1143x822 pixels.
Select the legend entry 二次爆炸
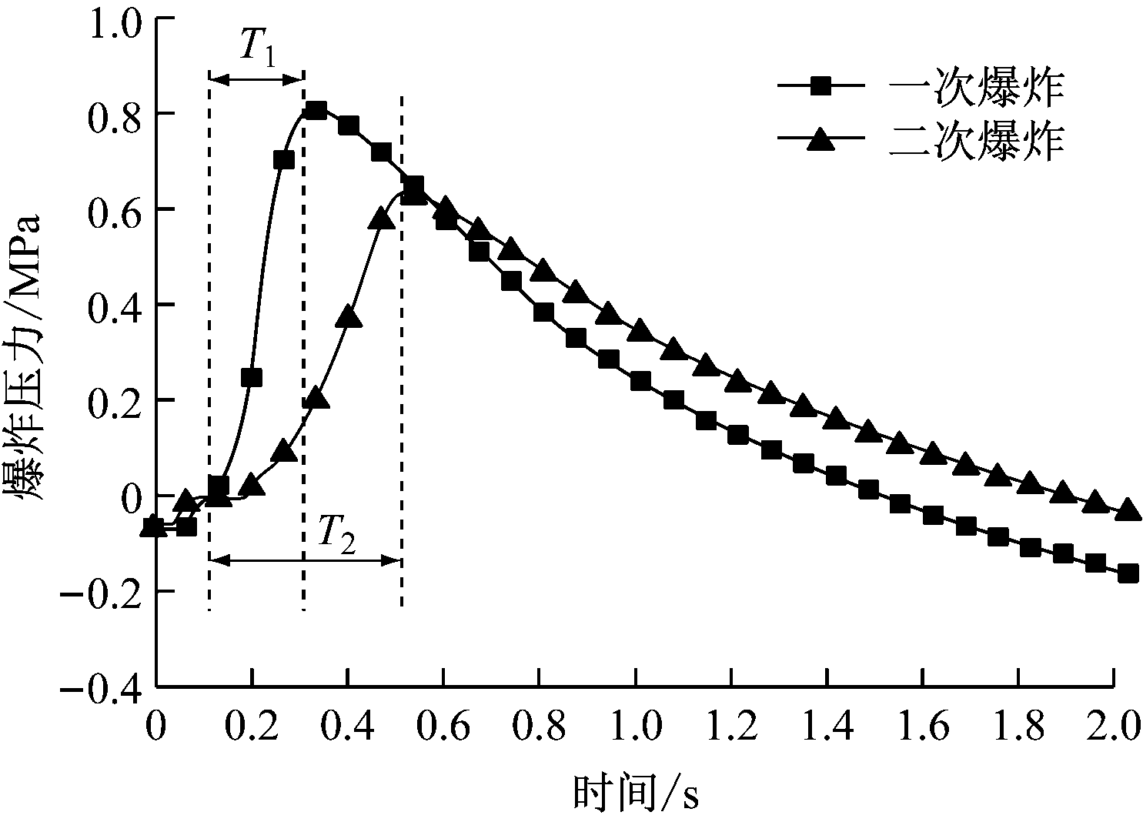(977, 142)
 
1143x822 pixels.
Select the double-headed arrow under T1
(257, 79)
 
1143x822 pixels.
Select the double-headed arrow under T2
(305, 561)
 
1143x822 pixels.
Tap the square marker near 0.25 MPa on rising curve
(251, 377)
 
